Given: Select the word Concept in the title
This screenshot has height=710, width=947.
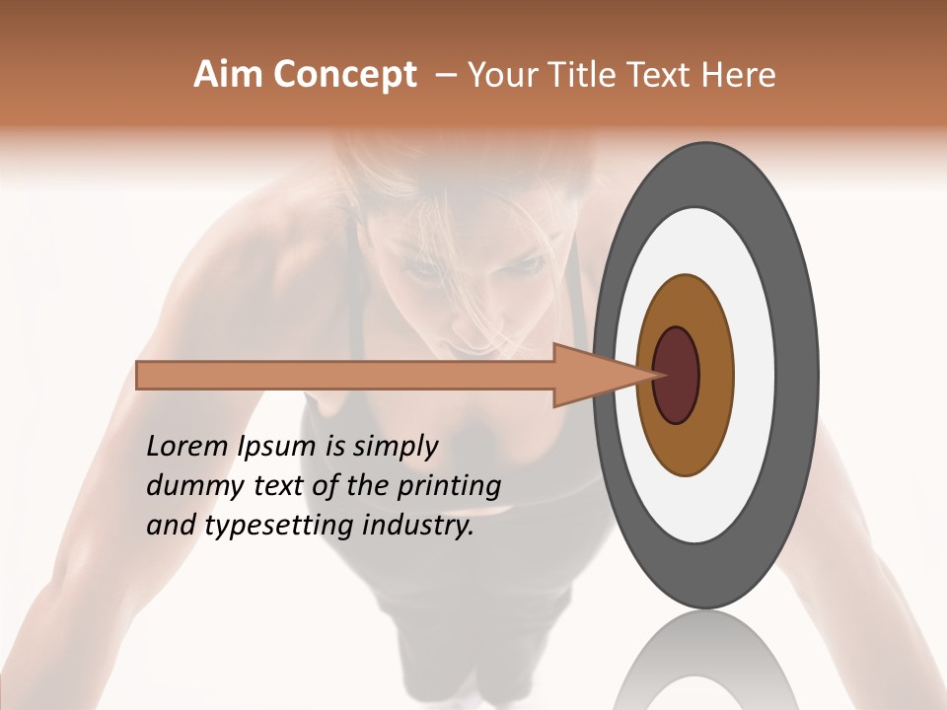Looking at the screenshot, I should (x=346, y=75).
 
